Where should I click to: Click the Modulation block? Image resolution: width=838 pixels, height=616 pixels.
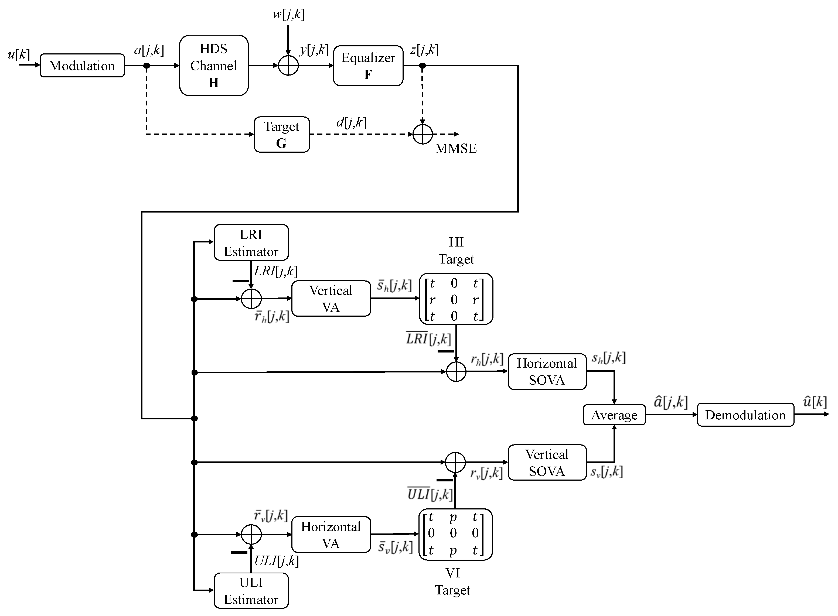(82, 66)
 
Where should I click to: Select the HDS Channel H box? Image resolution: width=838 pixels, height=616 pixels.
(214, 66)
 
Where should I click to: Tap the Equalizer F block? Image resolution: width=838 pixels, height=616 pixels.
(368, 66)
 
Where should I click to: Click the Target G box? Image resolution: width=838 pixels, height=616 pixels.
(282, 134)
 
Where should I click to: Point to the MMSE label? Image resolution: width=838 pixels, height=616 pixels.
(456, 148)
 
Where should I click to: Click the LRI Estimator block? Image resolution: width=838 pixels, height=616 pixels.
(251, 242)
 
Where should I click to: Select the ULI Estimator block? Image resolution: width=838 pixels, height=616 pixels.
(251, 591)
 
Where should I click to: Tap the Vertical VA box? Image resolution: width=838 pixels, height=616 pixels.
(331, 299)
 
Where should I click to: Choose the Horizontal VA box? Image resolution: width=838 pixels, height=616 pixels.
(331, 534)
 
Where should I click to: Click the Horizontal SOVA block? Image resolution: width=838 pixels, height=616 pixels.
(547, 371)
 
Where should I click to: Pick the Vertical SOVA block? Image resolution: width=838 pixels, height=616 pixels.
(547, 462)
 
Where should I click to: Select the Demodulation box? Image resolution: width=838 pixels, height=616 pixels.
(745, 415)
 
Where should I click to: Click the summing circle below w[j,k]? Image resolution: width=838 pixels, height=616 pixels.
(288, 66)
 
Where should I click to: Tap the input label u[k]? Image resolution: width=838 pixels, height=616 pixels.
(19, 54)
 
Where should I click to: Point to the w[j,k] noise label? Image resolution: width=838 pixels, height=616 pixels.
(288, 15)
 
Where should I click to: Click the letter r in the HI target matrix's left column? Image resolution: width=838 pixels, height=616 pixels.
(432, 299)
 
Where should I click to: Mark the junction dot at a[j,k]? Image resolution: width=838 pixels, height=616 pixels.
(147, 66)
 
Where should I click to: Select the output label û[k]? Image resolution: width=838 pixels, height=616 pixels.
(815, 402)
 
